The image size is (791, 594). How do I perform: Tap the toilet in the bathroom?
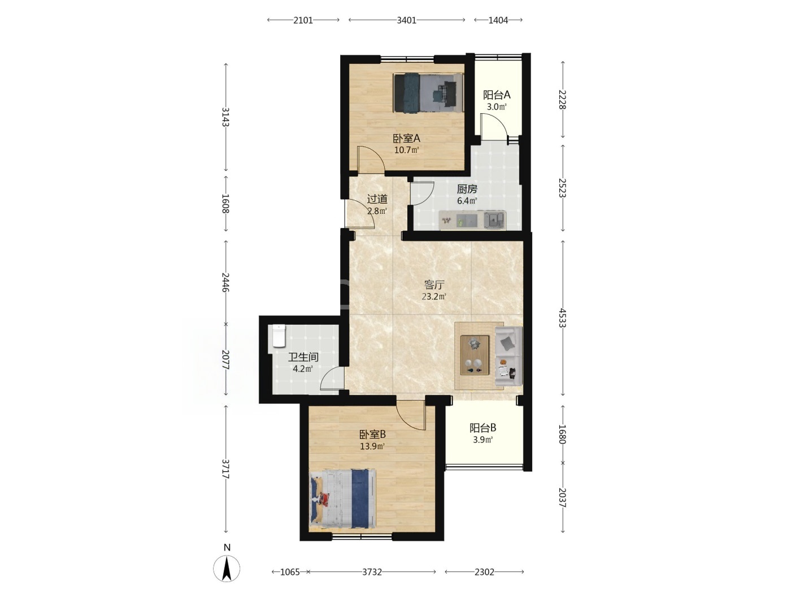[279, 335]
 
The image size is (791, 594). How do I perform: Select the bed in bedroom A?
[428, 93]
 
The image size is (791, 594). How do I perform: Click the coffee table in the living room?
[475, 355]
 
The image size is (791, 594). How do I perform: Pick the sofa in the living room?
[508, 356]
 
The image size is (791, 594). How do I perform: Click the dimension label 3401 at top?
[406, 20]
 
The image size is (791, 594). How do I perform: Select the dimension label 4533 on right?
[562, 317]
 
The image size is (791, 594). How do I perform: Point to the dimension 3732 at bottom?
[372, 572]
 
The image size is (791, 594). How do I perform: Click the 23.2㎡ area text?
[434, 296]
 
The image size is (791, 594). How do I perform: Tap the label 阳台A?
[497, 95]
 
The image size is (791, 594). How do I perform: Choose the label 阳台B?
[483, 428]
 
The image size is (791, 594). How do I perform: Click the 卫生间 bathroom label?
[303, 357]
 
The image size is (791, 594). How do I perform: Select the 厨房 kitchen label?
[467, 188]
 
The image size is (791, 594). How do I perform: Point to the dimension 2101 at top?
[303, 20]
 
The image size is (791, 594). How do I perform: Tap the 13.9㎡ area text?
[372, 446]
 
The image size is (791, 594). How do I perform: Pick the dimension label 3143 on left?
[225, 117]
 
